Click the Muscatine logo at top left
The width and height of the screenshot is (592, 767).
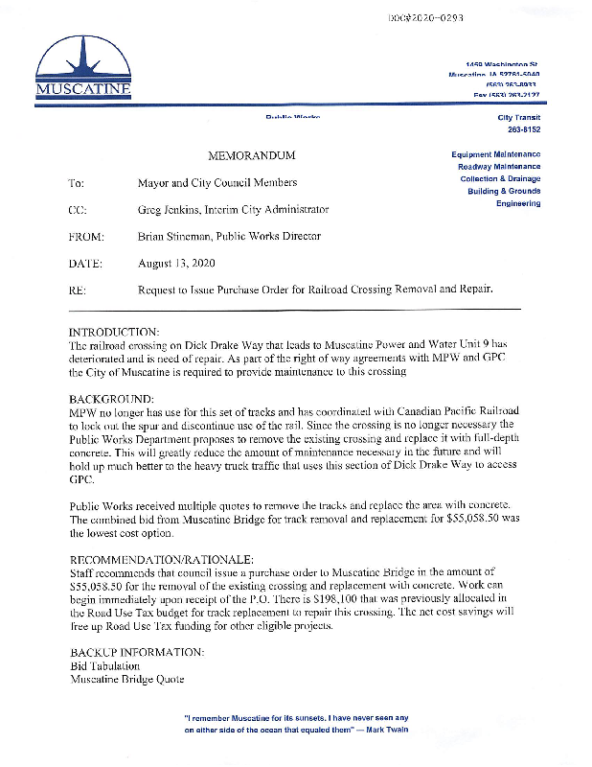(82, 68)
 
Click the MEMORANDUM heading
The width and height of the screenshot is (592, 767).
(252, 155)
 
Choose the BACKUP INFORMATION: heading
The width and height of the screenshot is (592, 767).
(137, 652)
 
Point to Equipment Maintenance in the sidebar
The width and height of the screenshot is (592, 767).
(495, 154)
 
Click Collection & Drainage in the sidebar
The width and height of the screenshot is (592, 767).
(499, 179)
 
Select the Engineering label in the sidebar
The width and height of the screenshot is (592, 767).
(518, 204)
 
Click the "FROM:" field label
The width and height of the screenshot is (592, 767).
(86, 236)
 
